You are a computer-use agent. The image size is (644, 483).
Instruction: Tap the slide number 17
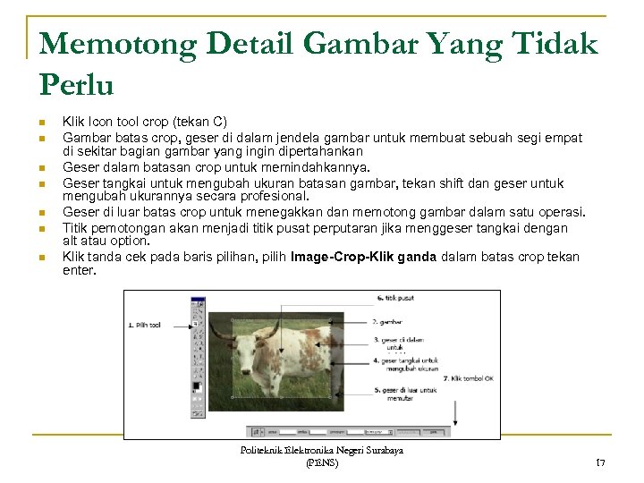[x=600, y=462]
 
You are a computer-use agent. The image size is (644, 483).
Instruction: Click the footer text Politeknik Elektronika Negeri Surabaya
[x=322, y=450]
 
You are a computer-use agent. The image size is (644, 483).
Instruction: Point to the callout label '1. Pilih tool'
[x=145, y=326]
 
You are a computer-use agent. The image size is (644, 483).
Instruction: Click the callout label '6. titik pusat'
[x=393, y=298]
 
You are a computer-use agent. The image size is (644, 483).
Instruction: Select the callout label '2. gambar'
[x=388, y=321]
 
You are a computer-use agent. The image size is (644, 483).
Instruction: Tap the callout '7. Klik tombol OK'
[x=469, y=378]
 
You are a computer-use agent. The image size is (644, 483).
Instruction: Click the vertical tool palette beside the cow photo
[x=199, y=358]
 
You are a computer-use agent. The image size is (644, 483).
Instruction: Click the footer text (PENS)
[x=321, y=462]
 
